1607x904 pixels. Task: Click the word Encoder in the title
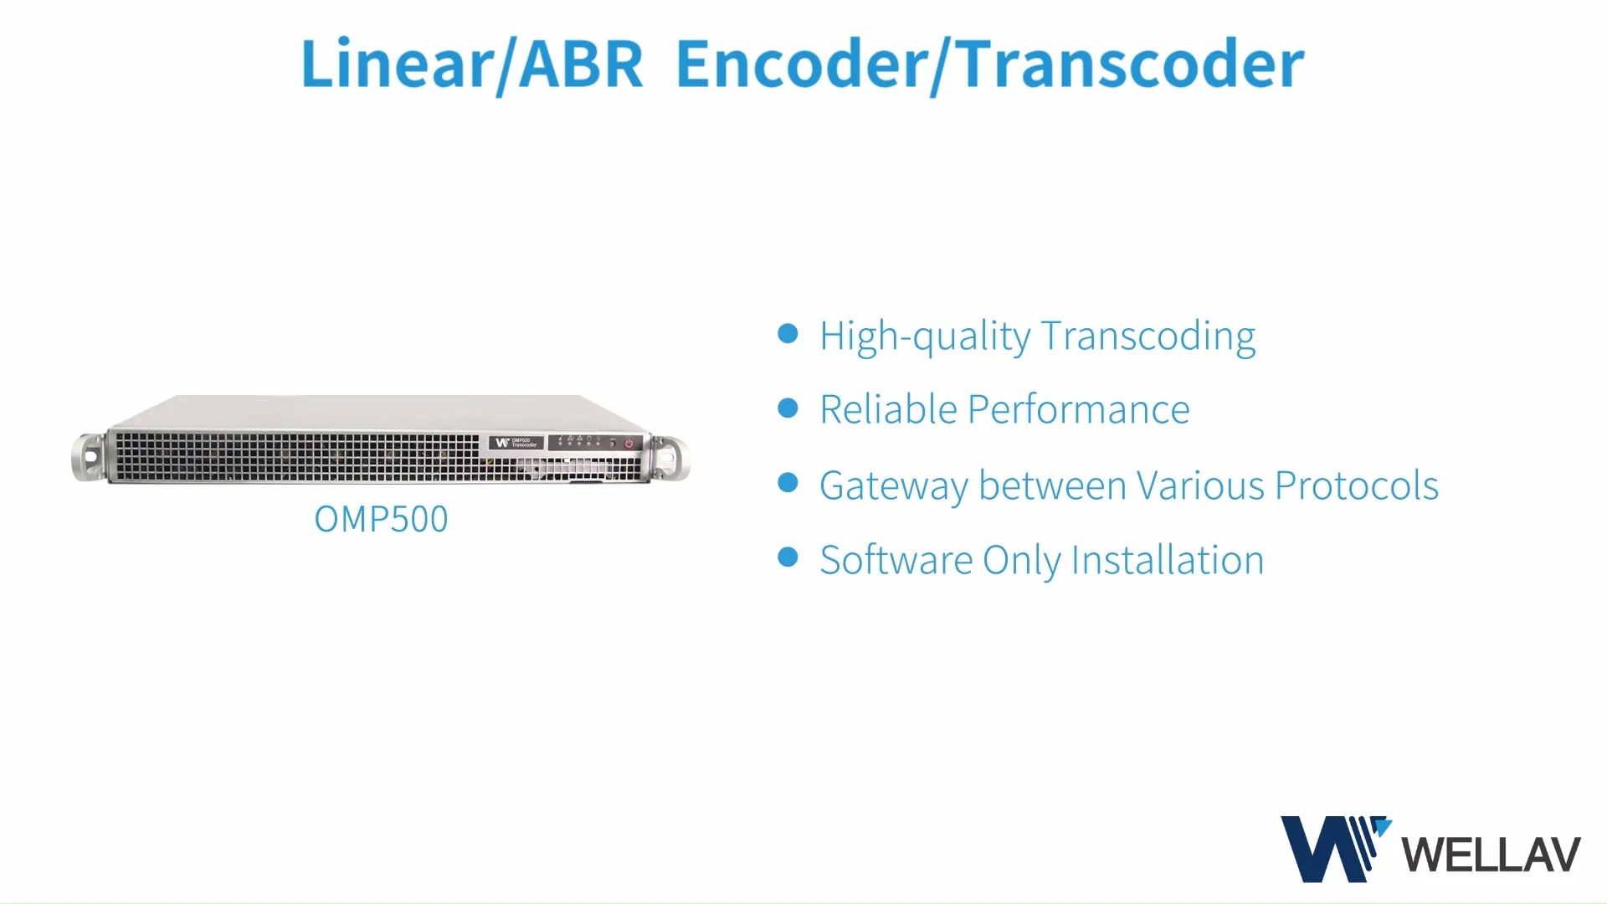point(801,64)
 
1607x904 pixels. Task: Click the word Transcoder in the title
point(1129,64)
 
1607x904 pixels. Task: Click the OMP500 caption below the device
point(381,519)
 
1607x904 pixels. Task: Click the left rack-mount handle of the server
point(89,457)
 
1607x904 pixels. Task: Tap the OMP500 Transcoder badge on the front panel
point(516,443)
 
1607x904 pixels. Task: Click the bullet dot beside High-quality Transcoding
point(788,334)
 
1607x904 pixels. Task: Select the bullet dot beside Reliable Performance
point(788,408)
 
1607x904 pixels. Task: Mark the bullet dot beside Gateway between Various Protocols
point(788,483)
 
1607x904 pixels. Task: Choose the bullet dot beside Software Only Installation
point(788,557)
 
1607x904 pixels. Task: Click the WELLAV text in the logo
point(1491,855)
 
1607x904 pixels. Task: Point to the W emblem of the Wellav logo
point(1331,848)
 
